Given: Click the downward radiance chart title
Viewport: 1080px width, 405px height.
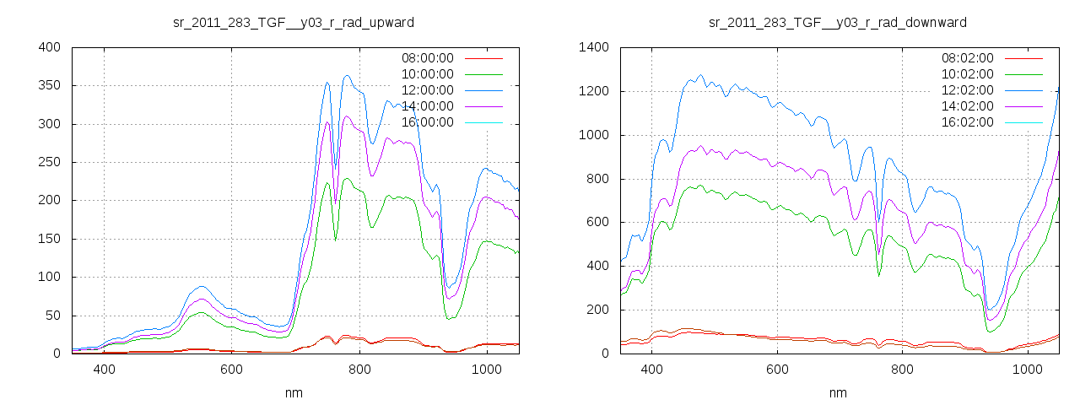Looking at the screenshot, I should [838, 22].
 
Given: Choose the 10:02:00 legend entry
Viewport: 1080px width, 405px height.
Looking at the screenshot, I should [967, 74].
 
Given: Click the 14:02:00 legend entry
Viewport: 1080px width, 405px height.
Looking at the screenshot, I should [967, 106].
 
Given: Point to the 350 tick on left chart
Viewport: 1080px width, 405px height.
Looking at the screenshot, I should [49, 86].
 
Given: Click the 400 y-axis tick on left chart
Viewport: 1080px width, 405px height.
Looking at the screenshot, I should [49, 47].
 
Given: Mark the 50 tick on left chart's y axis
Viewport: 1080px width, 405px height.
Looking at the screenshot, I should [52, 316].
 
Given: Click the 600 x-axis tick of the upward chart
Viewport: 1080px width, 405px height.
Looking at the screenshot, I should [232, 370].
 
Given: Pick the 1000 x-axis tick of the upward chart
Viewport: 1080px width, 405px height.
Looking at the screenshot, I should [487, 370].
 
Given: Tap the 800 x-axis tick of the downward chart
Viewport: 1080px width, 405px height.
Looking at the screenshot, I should [903, 370].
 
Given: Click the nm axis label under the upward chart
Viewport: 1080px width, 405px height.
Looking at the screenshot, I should [294, 392].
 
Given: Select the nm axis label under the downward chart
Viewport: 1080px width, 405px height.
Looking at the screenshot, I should [838, 392].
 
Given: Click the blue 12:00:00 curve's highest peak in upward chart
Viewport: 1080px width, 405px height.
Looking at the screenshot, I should [347, 76].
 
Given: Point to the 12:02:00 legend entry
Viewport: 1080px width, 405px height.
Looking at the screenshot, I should [967, 90].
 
